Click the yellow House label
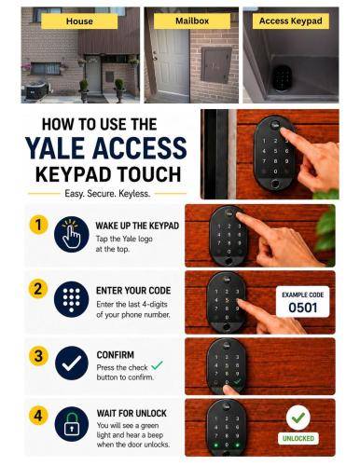click(x=79, y=21)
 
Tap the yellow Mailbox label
click(x=192, y=21)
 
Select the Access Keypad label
click(x=291, y=21)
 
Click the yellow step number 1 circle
click(x=38, y=225)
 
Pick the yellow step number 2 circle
click(x=38, y=289)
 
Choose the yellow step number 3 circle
click(x=38, y=356)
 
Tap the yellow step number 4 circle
click(x=38, y=416)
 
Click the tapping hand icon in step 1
click(x=71, y=234)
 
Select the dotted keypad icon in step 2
click(x=71, y=299)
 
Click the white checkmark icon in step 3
click(x=72, y=363)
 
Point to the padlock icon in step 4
click(x=72, y=424)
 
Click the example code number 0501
click(x=303, y=308)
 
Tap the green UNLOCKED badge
click(x=298, y=438)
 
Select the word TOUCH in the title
click(x=151, y=174)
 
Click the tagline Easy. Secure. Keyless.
click(x=107, y=194)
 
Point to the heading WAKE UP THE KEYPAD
click(x=137, y=226)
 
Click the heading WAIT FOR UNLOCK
click(x=132, y=413)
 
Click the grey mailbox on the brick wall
click(x=216, y=65)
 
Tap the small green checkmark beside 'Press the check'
click(x=157, y=365)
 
